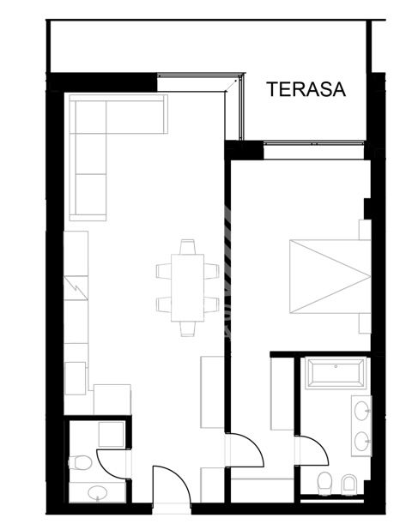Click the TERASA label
coord(306,89)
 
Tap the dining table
coord(187,287)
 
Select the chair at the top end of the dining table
coord(187,247)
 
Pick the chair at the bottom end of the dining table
coord(187,328)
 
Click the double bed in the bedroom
coord(330,276)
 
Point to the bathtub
coord(336,373)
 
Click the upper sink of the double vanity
coord(361,411)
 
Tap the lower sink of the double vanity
coord(361,441)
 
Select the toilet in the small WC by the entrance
coord(80,462)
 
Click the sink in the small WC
coord(98,493)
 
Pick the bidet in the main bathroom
coord(349,484)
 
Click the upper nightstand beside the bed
coord(365,230)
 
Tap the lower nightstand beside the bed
coord(365,323)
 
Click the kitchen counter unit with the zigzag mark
coord(76,288)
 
